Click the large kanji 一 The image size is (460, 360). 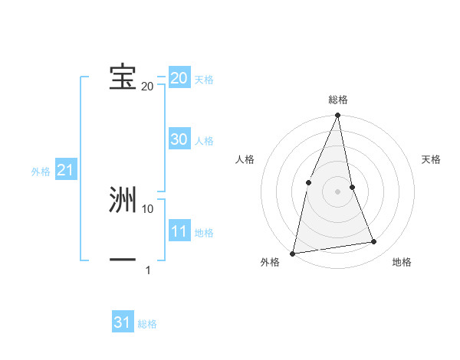pyautogui.click(x=123, y=260)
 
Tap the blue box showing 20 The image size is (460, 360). pyautogui.click(x=179, y=78)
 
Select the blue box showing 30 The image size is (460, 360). pyautogui.click(x=179, y=139)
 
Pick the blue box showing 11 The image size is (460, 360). pyautogui.click(x=179, y=231)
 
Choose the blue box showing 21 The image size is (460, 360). pyautogui.click(x=65, y=170)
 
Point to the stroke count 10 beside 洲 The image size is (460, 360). pyautogui.click(x=148, y=208)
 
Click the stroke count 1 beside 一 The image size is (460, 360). pyautogui.click(x=148, y=270)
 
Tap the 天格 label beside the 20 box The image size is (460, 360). pyautogui.click(x=203, y=80)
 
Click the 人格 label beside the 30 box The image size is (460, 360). pyautogui.click(x=203, y=141)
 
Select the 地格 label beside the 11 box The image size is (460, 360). pyautogui.click(x=203, y=233)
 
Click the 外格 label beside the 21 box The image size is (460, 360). pyautogui.click(x=41, y=172)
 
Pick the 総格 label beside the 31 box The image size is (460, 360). pyautogui.click(x=147, y=324)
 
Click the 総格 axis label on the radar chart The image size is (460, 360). pyautogui.click(x=337, y=100)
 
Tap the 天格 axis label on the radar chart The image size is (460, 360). pyautogui.click(x=431, y=159)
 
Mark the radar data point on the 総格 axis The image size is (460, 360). pyautogui.click(x=337, y=116)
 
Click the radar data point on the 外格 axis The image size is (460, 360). pyautogui.click(x=293, y=253)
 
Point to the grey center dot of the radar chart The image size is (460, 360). pyautogui.click(x=337, y=191)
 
